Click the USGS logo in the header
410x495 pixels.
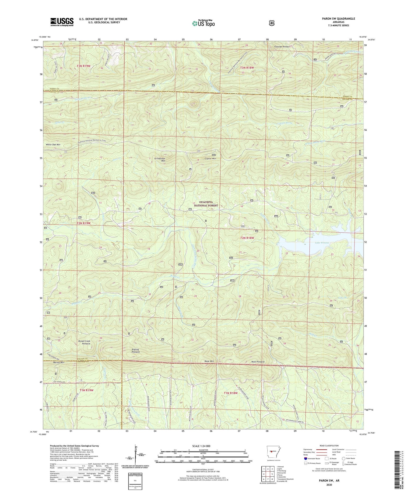click(62, 22)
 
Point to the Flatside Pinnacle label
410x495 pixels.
click(282, 47)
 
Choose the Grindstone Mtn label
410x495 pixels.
click(159, 159)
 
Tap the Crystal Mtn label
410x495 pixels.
click(210, 158)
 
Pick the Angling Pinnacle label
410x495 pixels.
click(135, 351)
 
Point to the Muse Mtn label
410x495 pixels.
click(209, 361)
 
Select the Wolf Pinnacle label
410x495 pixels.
click(258, 362)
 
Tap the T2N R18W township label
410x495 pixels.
click(247, 238)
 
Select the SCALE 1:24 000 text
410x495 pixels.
click(203, 446)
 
